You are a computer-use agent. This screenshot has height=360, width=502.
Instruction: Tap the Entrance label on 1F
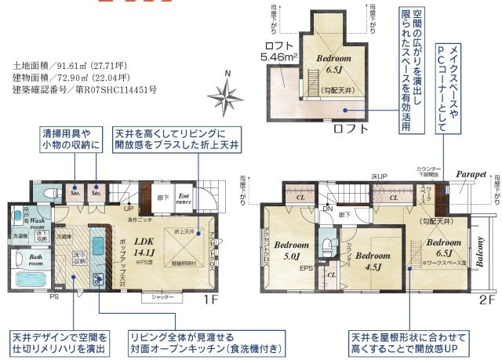(184, 198)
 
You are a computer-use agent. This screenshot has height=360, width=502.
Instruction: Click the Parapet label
(472, 175)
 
